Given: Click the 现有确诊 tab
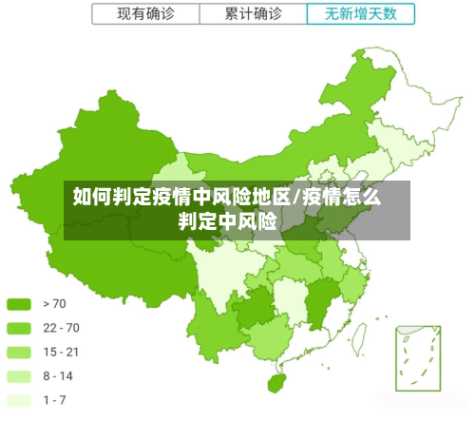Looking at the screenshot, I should click(145, 14).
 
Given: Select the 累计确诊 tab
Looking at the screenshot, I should click(253, 14).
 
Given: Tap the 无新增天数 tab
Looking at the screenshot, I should click(361, 14).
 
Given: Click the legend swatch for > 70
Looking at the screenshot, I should click(19, 304).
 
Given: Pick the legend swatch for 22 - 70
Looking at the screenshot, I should click(19, 328).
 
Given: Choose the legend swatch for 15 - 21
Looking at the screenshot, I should click(19, 352).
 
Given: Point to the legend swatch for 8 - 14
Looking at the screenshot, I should click(19, 375).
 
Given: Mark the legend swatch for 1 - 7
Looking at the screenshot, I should click(19, 399).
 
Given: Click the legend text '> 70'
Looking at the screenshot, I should click(54, 304).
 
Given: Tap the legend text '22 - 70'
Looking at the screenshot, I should click(61, 328).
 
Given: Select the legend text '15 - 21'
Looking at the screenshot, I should click(61, 352).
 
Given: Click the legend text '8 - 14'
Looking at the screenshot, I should click(58, 375).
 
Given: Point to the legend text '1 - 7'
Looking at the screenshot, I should click(54, 399).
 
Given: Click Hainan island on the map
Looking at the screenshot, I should click(277, 383).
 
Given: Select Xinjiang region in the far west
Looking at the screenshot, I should click(104, 152).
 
